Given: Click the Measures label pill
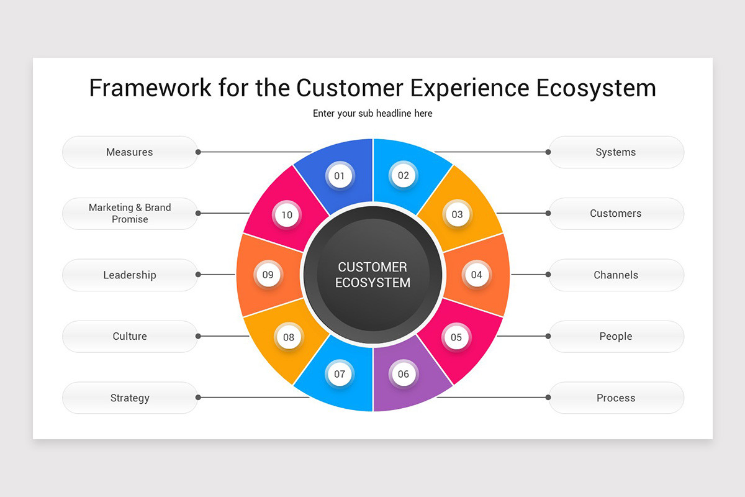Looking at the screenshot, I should pyautogui.click(x=130, y=152).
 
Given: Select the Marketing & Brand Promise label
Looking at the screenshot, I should pyautogui.click(x=130, y=213).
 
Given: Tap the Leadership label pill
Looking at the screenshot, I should pyautogui.click(x=130, y=275).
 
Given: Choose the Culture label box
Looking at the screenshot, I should pyautogui.click(x=130, y=336).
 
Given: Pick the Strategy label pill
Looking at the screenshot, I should pyautogui.click(x=130, y=398).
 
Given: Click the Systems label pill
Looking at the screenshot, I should pyautogui.click(x=616, y=152).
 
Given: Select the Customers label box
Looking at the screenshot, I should pyautogui.click(x=616, y=213).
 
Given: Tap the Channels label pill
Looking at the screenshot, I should pyautogui.click(x=616, y=275).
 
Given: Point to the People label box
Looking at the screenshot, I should pyautogui.click(x=616, y=336).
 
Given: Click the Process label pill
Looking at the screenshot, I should pyautogui.click(x=616, y=398).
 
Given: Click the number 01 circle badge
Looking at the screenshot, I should pyautogui.click(x=339, y=176).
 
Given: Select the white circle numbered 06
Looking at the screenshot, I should pyautogui.click(x=404, y=374).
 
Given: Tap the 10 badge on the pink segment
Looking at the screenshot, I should pyautogui.click(x=287, y=215).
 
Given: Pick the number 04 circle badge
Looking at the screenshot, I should pyautogui.click(x=476, y=275).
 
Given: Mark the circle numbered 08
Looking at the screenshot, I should pyautogui.click(x=289, y=337).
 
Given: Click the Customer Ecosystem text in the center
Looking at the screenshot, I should pyautogui.click(x=372, y=275).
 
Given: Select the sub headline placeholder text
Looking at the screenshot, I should pyautogui.click(x=372, y=113).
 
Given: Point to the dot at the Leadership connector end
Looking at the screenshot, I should pyautogui.click(x=198, y=275).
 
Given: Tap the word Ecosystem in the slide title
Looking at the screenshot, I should pyautogui.click(x=595, y=88).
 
